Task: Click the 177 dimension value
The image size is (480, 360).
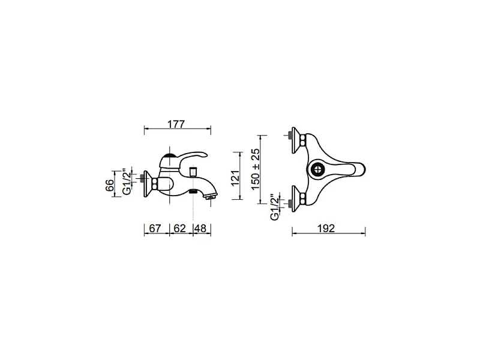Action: pos(176,124)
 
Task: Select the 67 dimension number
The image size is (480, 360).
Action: pos(155,229)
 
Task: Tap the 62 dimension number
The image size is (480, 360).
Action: pos(179,229)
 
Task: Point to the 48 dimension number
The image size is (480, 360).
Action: pos(201,229)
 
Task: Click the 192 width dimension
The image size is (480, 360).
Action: pos(326,229)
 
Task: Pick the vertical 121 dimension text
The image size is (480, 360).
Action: pos(235,178)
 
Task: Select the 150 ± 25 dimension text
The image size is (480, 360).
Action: pos(255,169)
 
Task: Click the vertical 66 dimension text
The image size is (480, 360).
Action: pos(110,185)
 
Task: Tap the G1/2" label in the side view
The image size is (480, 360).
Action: pos(127,181)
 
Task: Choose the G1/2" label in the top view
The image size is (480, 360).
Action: pos(275,206)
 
